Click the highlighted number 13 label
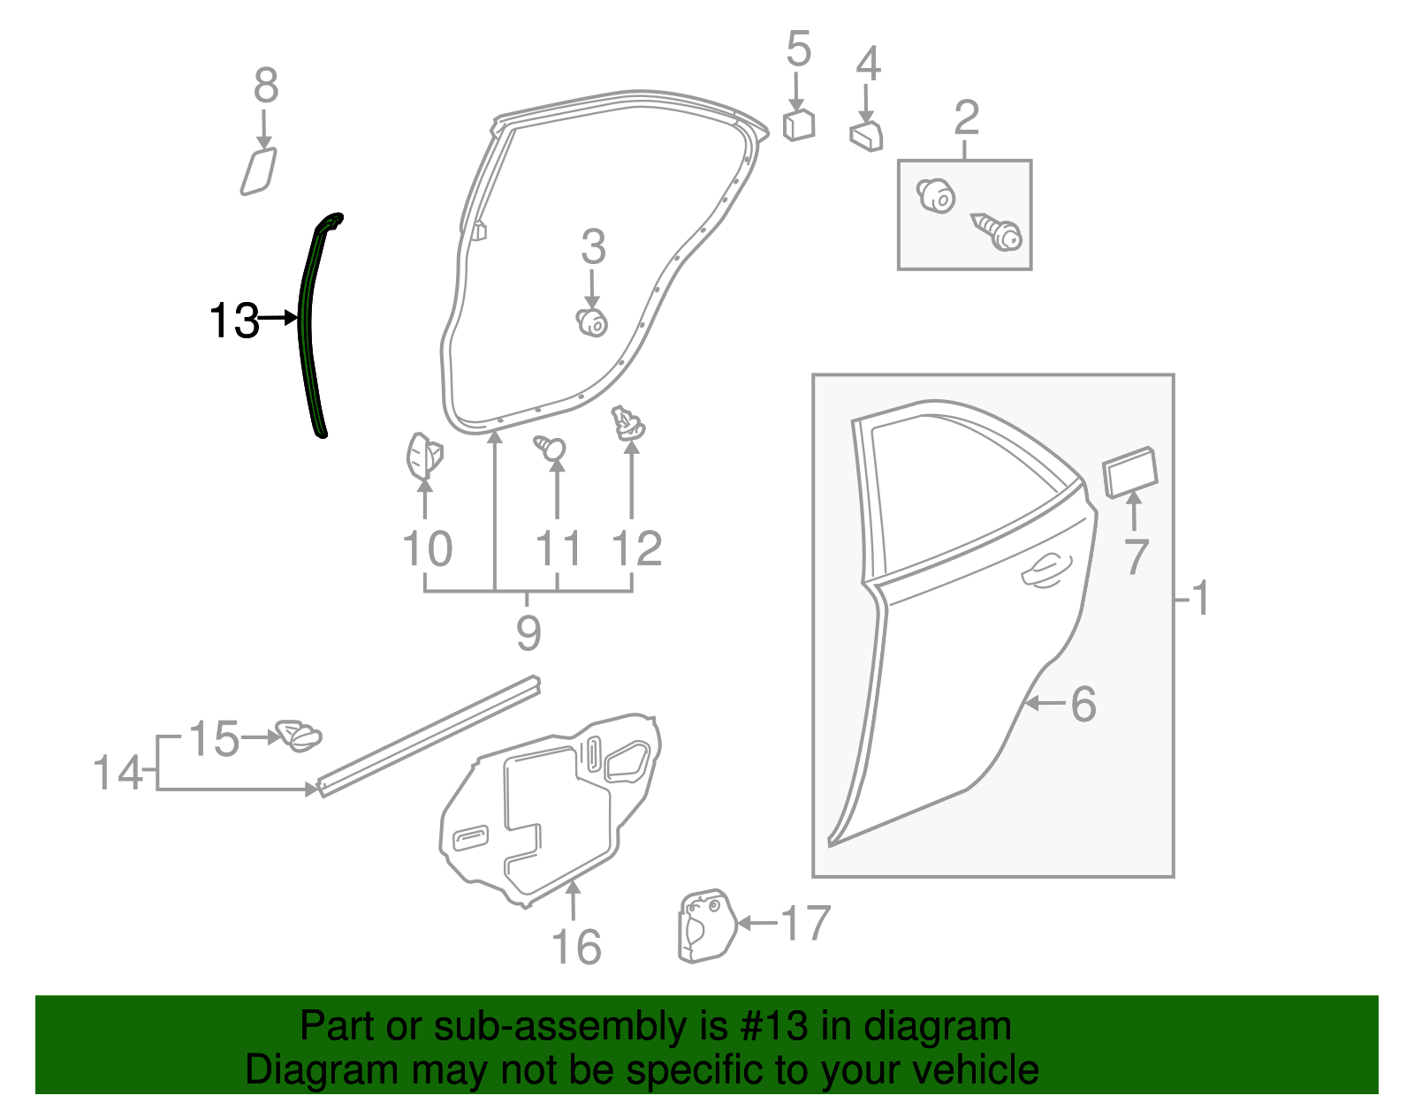click(234, 320)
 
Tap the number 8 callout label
click(265, 87)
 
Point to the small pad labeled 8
click(258, 170)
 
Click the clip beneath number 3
click(591, 322)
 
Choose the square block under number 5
click(798, 125)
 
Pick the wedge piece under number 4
click(866, 136)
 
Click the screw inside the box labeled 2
click(997, 231)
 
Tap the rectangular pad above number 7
click(1130, 471)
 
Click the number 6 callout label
click(1083, 704)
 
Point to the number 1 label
click(1199, 598)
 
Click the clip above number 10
click(423, 456)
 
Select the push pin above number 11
click(551, 448)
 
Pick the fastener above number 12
click(628, 424)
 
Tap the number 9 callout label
click(528, 632)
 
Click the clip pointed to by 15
click(299, 735)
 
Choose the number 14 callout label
click(118, 773)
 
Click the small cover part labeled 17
click(705, 925)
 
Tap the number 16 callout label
click(576, 948)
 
